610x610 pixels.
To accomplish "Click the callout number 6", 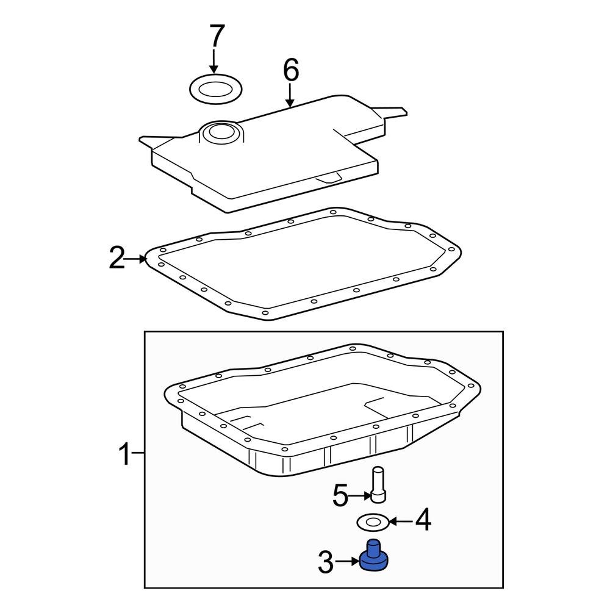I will coord(290,70).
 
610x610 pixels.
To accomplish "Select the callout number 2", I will coord(117,259).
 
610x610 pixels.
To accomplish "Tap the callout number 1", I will coord(124,454).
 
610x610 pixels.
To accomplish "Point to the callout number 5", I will coord(340,496).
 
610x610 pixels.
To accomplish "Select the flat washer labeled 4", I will coord(371,522).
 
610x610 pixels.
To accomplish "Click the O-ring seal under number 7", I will coord(215,90).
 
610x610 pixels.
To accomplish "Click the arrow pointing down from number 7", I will coord(214,63).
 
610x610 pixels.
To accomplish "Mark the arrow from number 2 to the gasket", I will coord(137,259).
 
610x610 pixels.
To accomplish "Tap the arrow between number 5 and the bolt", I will coord(361,497).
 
